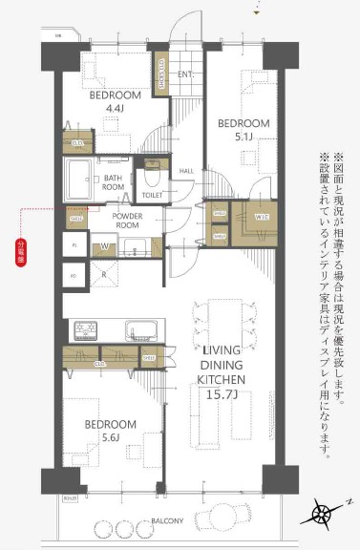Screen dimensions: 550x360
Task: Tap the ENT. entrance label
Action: tap(185, 74)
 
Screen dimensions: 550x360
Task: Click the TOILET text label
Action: tap(152, 194)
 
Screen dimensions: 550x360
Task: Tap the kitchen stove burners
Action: tap(86, 331)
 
